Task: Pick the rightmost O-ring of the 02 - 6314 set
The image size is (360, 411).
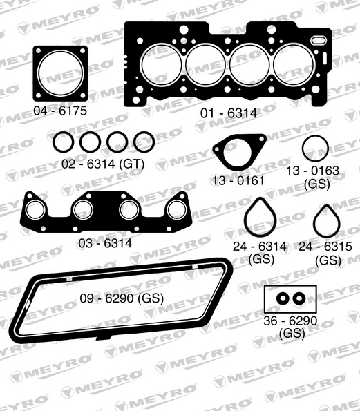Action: (144, 143)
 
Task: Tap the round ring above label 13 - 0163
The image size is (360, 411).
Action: (315, 149)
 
